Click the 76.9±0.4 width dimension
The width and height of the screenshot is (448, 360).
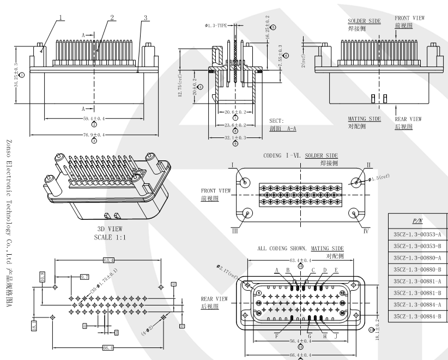94,135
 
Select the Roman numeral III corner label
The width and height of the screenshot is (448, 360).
235,231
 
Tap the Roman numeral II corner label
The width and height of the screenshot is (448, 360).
369,164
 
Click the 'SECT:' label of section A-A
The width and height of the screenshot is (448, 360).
276,121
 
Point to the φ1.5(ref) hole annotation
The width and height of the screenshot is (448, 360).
380,178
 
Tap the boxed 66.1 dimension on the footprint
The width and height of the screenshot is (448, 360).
107,347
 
